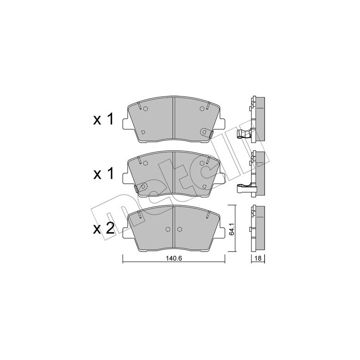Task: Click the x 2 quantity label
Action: coord(104,229)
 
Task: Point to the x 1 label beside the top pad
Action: coord(104,119)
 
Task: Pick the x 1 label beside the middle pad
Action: coord(104,174)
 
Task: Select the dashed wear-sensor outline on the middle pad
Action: coord(141,188)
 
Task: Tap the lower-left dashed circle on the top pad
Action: coord(143,132)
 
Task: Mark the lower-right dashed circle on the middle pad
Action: coord(205,186)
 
